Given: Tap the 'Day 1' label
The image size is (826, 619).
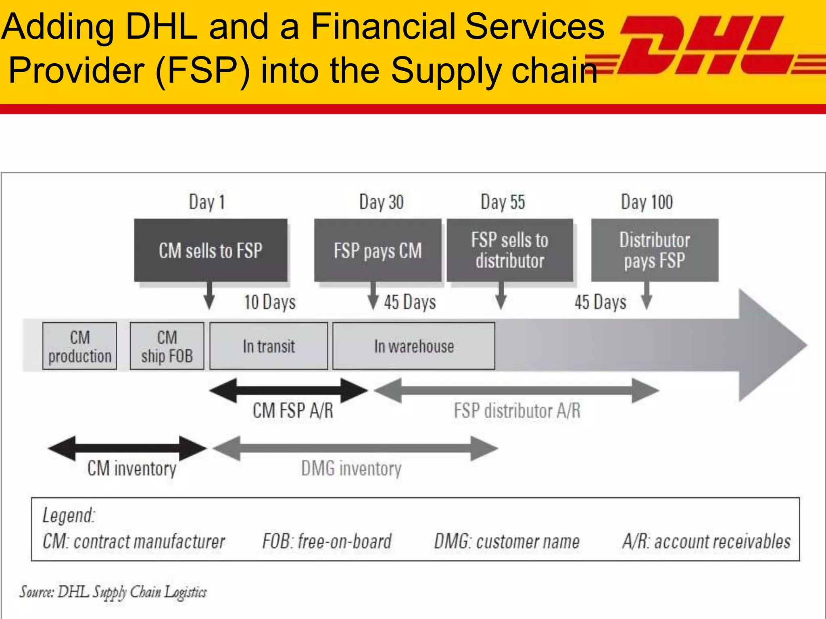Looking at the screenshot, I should (206, 202).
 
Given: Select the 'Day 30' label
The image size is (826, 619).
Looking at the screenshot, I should (381, 202).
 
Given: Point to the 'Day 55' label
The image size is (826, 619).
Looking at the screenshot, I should (503, 202).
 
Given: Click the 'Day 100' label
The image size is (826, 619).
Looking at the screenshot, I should (647, 202).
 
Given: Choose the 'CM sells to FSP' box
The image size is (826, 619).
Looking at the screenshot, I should (211, 250).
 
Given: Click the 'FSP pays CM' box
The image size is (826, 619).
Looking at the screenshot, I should (378, 250).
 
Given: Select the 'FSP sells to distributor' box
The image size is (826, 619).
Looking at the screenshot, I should (510, 250).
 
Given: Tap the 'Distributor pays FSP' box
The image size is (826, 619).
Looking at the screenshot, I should (655, 250).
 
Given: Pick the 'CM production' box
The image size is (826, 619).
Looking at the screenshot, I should (79, 346).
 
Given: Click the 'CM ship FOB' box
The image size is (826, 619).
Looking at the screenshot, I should (167, 346).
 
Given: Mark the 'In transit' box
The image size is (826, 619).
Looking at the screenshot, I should (269, 346).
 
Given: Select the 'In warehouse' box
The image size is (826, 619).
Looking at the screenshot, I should (414, 346).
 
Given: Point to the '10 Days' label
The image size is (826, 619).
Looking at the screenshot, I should (269, 302).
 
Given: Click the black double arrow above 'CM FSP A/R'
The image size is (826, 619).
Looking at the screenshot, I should (288, 390).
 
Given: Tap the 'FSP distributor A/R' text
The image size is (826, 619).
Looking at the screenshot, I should (517, 411).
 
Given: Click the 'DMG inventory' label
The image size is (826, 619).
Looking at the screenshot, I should (351, 469).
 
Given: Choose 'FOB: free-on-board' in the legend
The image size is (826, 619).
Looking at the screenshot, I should (327, 541).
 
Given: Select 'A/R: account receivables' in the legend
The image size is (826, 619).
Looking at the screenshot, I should (706, 541).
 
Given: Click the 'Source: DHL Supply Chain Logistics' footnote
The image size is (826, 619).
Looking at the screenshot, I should (113, 592).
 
